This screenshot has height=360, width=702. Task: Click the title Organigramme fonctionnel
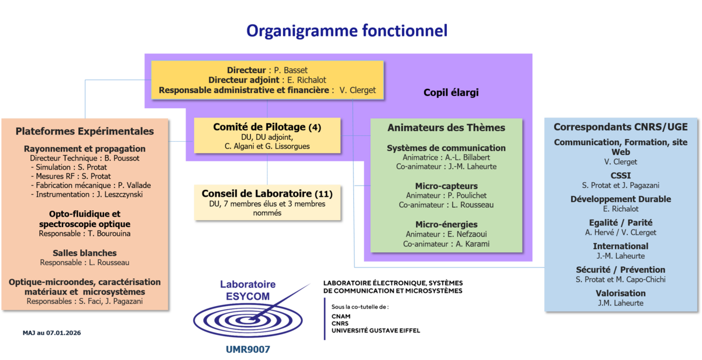346,31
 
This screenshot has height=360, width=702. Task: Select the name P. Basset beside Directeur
291,70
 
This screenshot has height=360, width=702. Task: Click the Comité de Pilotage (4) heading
267,126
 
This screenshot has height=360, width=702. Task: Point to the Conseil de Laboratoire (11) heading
267,193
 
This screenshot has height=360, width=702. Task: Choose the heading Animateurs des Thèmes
446,128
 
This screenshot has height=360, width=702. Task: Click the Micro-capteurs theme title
446,186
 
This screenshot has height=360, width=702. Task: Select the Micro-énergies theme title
446,224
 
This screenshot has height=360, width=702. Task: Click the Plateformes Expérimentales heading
85,131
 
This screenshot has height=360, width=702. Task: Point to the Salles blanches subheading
85,253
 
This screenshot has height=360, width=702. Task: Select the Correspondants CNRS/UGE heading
621,126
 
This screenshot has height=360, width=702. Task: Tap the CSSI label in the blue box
621,175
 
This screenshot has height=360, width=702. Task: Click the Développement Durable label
621,199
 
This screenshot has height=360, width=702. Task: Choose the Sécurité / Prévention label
621,270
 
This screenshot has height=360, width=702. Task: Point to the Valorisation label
621,293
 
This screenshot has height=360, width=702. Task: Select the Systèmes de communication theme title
446,148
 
